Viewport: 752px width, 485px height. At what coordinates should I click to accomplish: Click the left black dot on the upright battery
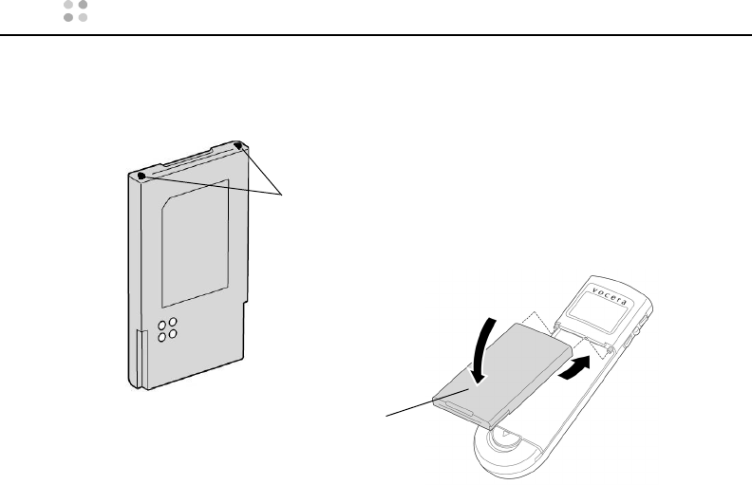(141, 176)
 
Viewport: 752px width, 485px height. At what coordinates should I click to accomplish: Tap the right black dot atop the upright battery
(237, 147)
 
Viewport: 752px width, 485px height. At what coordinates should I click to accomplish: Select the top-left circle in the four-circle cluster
(162, 323)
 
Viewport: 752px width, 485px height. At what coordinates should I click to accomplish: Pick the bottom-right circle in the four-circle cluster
(173, 335)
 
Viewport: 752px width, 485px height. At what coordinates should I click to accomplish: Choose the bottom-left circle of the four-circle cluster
(162, 337)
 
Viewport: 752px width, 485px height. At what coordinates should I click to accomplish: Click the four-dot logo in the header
(75, 11)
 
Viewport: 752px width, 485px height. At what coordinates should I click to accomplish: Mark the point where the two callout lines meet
(284, 196)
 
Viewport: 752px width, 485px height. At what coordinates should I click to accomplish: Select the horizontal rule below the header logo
(376, 36)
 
